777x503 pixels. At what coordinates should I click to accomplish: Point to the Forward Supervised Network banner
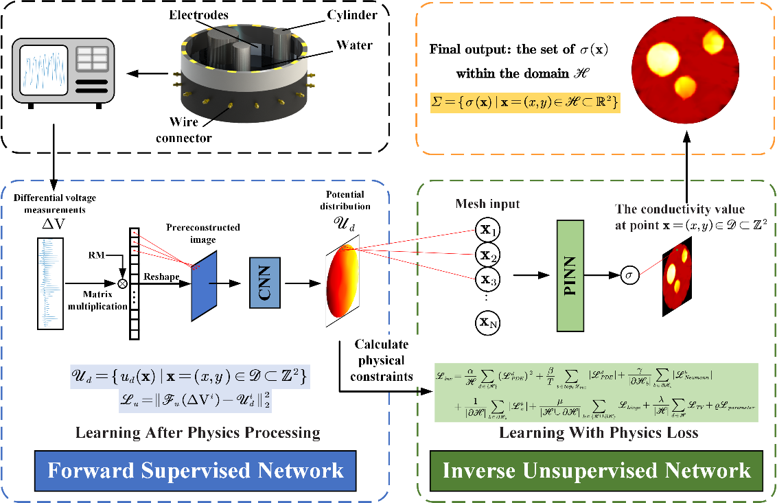196,471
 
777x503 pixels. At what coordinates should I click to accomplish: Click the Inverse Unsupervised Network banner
597,471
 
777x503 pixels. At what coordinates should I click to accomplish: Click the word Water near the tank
354,46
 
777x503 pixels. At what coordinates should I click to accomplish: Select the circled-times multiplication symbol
124,283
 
